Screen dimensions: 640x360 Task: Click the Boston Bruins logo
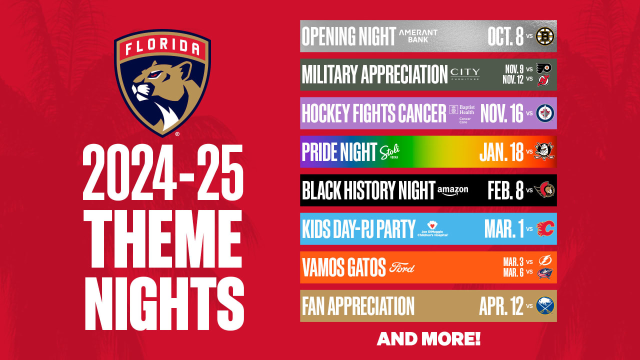545,36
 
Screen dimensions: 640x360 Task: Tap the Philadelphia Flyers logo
544,68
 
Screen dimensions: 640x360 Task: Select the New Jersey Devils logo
543,80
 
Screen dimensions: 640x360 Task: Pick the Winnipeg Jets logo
545,113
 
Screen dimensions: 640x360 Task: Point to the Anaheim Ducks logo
544,151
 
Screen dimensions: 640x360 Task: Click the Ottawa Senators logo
544,189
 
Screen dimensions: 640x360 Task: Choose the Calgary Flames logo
545,228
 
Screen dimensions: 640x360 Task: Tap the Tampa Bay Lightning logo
545,260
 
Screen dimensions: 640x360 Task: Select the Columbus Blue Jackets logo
545,273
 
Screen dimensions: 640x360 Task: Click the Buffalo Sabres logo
545,305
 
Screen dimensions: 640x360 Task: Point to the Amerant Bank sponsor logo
418,36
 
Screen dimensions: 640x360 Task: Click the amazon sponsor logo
453,191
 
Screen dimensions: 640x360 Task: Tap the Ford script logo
402,267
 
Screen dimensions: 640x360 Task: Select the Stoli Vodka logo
389,151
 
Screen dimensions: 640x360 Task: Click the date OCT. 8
505,36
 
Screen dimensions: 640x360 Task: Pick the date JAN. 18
501,151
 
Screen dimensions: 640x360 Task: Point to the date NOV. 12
513,79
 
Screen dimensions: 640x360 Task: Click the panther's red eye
154,74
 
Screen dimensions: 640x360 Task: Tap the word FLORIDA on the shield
162,47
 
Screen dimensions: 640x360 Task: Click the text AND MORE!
428,339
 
